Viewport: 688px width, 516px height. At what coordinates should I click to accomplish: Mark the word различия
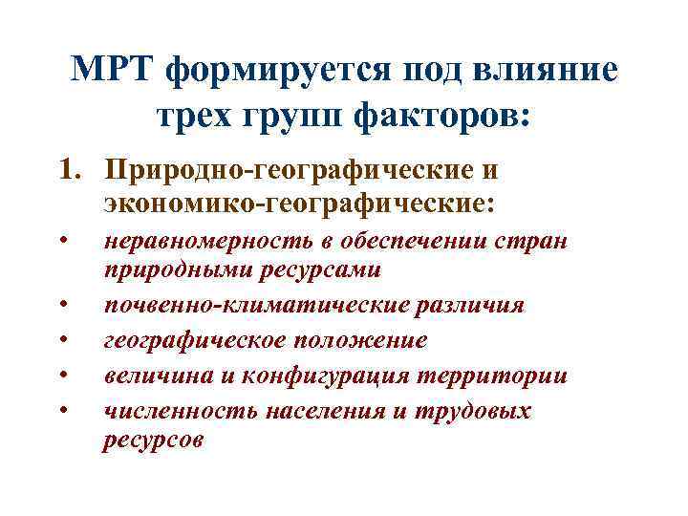tap(459, 305)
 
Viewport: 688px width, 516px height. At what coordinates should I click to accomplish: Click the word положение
tap(362, 340)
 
